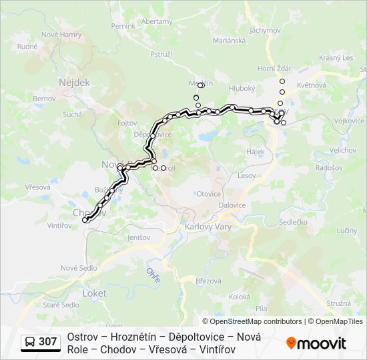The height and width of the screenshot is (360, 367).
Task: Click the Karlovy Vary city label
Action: (x=207, y=227)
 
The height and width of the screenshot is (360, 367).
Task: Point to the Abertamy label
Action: (x=157, y=21)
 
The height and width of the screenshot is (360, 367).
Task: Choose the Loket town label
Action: (x=94, y=293)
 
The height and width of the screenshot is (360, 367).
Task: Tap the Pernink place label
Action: (x=123, y=26)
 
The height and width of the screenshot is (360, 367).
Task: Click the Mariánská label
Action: (x=230, y=40)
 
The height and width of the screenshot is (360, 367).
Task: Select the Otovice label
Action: (x=209, y=194)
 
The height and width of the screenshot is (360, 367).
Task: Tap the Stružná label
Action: (x=338, y=303)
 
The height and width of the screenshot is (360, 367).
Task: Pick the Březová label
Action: (x=208, y=281)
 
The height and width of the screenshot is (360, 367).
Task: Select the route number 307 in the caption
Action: (x=47, y=342)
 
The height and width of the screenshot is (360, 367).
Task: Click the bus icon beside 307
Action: (x=30, y=342)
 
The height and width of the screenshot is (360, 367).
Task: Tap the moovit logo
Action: (x=316, y=343)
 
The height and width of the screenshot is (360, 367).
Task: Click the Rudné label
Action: (x=27, y=47)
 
